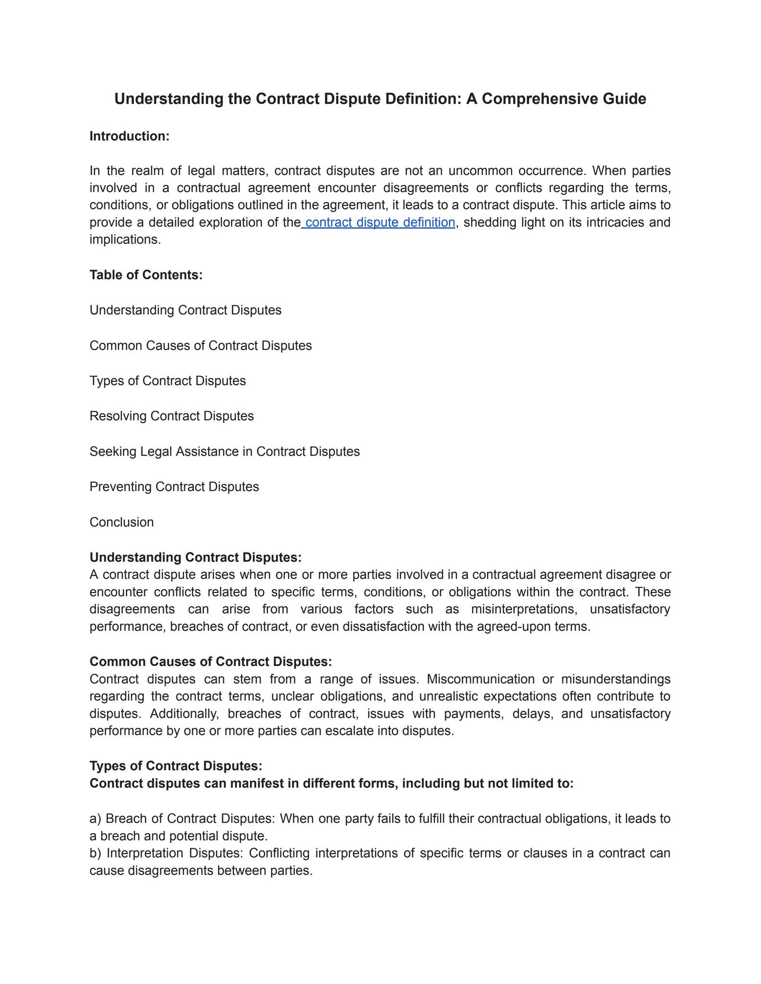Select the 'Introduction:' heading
[129, 136]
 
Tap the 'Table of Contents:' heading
[146, 275]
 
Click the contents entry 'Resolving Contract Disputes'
[172, 416]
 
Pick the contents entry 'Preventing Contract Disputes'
[174, 487]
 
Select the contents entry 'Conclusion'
[122, 522]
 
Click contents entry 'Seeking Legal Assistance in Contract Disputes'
[225, 451]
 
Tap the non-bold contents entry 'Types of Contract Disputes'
[167, 381]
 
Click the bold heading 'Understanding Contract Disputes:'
[195, 557]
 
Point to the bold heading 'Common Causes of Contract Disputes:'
[211, 662]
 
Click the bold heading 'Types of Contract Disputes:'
[175, 766]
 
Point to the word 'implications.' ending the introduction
[125, 239]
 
